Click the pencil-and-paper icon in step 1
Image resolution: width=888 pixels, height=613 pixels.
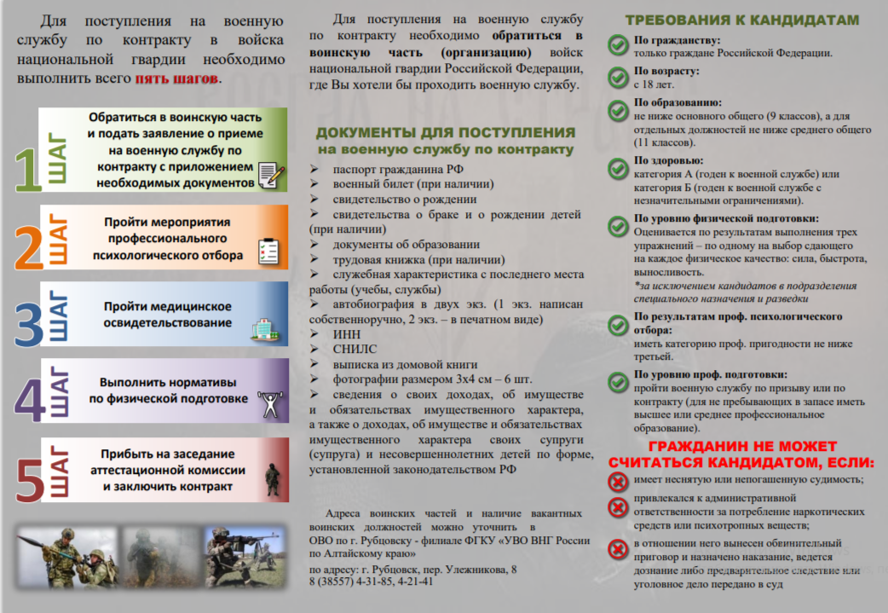[x=270, y=174]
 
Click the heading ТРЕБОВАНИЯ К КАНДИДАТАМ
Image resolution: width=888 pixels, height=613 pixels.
[x=742, y=20]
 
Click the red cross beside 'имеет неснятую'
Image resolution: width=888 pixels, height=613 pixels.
[x=617, y=482]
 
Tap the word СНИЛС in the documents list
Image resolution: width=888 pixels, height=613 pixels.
[x=355, y=349]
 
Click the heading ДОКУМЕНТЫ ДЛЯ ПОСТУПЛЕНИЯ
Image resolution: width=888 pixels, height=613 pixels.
[x=445, y=132]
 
